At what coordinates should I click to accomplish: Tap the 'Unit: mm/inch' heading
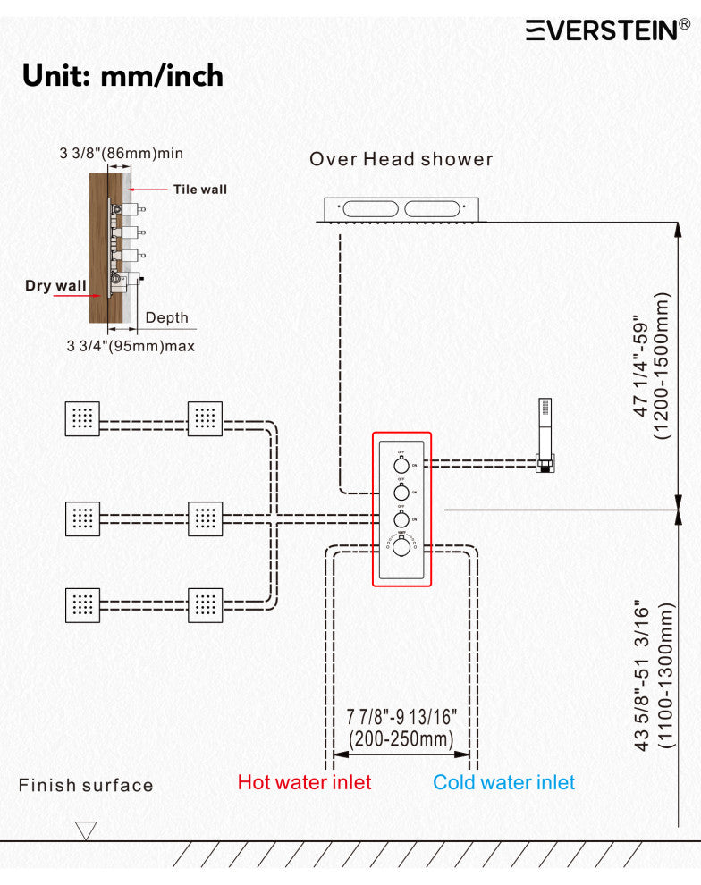tap(122, 75)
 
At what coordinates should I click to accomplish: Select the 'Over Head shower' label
tap(401, 159)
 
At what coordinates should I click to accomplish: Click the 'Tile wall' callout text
tap(200, 189)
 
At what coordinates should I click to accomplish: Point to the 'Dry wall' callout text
tap(55, 286)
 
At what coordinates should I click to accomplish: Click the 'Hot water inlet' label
tap(304, 782)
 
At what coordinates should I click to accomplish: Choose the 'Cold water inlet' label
tap(503, 782)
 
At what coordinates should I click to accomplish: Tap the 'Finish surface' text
tap(86, 786)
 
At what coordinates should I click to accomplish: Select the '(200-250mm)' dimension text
tap(401, 739)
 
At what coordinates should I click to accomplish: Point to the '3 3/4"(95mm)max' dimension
tap(131, 345)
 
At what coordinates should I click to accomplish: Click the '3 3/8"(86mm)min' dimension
tap(122, 154)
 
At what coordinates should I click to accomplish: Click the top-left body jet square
tap(82, 418)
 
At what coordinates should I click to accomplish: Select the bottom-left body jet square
tap(82, 604)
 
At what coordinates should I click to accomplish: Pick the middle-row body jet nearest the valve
tap(205, 516)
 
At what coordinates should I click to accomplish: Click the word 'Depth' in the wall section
tap(167, 317)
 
